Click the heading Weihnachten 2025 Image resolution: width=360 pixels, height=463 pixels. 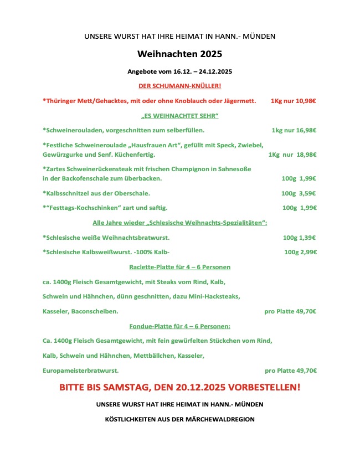pyautogui.click(x=180, y=54)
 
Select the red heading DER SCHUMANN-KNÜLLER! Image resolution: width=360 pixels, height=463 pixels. pyautogui.click(x=180, y=86)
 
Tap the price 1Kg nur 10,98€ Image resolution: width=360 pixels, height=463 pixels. pyautogui.click(x=294, y=101)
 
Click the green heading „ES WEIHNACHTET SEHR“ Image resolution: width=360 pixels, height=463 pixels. pyautogui.click(x=180, y=116)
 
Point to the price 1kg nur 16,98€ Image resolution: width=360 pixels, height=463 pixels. pyautogui.click(x=294, y=130)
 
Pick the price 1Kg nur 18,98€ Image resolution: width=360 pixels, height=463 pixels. pyautogui.click(x=292, y=155)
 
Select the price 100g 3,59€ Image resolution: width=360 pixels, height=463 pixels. pyautogui.click(x=299, y=193)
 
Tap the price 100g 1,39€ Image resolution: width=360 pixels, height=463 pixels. pyautogui.click(x=299, y=237)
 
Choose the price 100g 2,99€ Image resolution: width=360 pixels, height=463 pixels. pyautogui.click(x=300, y=252)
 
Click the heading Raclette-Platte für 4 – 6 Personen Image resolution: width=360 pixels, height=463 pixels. pyautogui.click(x=180, y=267)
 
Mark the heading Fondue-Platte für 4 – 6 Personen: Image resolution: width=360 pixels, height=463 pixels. pyautogui.click(x=180, y=326)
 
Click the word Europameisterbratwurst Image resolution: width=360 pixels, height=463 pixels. pyautogui.click(x=80, y=371)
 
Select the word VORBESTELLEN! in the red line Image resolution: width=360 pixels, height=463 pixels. pyautogui.click(x=265, y=388)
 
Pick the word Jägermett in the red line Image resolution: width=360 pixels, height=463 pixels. pyautogui.click(x=239, y=101)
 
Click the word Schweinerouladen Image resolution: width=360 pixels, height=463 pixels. pyautogui.click(x=73, y=130)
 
